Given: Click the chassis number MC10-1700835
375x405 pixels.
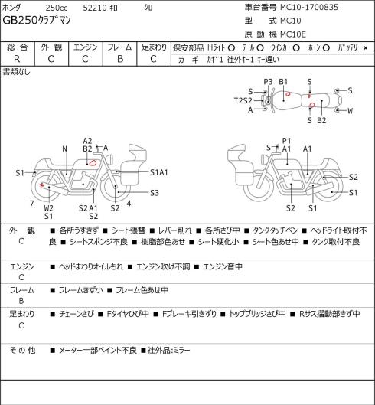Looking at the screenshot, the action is tap(309, 7).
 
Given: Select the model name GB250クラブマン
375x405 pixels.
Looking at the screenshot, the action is tap(37, 21).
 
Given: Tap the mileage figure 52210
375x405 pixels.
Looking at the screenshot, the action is tap(95, 8).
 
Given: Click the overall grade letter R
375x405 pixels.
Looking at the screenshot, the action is tap(17, 59).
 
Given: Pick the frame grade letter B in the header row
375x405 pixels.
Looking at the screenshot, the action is tap(120, 59).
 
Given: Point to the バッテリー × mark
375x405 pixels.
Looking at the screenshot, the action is tap(366, 48).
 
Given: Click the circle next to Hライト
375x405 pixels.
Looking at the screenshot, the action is tap(231, 48).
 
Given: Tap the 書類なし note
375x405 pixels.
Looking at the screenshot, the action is tap(17, 72).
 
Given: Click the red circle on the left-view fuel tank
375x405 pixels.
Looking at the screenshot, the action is tap(93, 163).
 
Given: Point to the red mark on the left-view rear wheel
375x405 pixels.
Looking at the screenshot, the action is tap(41, 185).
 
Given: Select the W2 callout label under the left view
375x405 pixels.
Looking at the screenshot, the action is tap(48, 208).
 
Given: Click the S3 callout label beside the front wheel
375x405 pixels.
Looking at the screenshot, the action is tap(155, 193).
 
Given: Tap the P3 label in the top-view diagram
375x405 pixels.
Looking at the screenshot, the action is tap(268, 82).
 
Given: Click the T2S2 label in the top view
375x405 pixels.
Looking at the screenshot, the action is tap(243, 100).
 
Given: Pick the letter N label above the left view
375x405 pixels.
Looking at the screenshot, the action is tap(64, 149).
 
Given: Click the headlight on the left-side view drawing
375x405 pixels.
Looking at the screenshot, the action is tap(109, 158).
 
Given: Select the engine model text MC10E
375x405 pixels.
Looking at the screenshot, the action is tap(293, 34).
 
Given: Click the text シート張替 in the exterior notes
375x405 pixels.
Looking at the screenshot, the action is tap(129, 230).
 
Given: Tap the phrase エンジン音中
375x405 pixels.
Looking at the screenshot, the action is tap(223, 266).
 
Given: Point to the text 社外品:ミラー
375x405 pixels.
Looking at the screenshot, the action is tap(168, 350).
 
